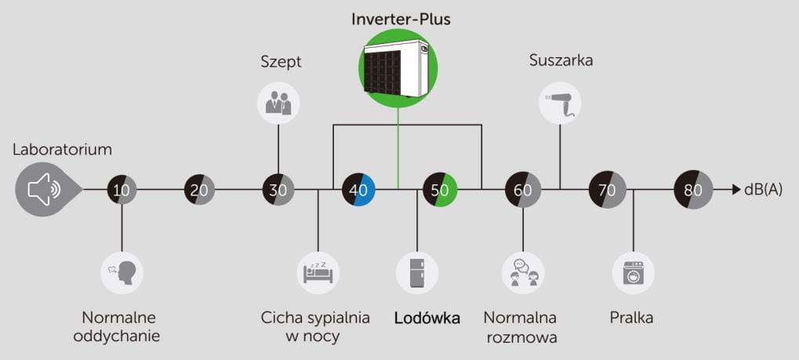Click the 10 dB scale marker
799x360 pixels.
[x=122, y=189]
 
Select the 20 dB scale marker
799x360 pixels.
[x=200, y=189]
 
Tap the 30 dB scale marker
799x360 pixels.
[x=278, y=189]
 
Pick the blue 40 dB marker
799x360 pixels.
[x=358, y=189]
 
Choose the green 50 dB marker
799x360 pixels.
[x=440, y=189]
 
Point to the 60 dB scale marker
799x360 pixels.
[x=522, y=189]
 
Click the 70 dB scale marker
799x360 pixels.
[x=607, y=189]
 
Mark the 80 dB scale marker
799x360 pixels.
[x=693, y=189]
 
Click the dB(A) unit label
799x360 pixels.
[x=763, y=189]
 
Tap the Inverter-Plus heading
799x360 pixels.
[x=401, y=19]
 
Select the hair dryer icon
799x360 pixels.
[x=561, y=104]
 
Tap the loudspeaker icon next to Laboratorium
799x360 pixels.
[x=45, y=189]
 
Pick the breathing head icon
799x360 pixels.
[x=122, y=272]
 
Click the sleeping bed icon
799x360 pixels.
[x=318, y=272]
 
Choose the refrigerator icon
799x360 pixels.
[x=417, y=272]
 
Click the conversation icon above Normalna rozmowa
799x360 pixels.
[x=523, y=272]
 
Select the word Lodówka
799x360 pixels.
[x=427, y=318]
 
